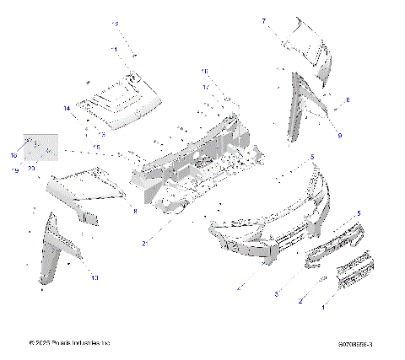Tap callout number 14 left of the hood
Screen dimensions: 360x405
(66, 108)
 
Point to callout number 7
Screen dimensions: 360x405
(262, 20)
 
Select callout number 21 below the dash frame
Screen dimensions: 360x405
(146, 243)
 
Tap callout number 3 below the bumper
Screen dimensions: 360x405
(275, 293)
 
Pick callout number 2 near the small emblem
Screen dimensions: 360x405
(302, 299)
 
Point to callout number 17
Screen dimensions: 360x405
(204, 86)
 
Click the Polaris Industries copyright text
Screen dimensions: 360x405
(69, 343)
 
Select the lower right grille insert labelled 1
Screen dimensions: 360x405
(358, 274)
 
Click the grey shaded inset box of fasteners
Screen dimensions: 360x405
(39, 148)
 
